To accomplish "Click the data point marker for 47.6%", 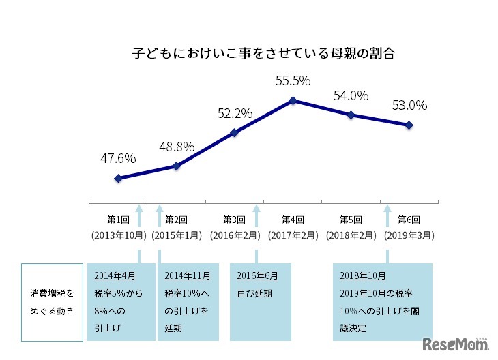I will (119, 179).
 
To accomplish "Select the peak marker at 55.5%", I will (293, 101).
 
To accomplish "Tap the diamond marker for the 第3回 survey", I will (235, 132).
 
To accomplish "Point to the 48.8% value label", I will (177, 146).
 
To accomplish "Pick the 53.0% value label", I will (409, 106).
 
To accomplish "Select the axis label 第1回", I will (119, 220).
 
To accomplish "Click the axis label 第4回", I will (293, 220).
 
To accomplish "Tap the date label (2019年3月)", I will (409, 235).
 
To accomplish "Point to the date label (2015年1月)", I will (177, 235).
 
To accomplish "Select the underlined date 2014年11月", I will (188, 276).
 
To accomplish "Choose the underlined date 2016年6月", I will (257, 276).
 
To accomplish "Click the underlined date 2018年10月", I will (362, 276).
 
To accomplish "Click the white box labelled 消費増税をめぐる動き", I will (51, 301).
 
